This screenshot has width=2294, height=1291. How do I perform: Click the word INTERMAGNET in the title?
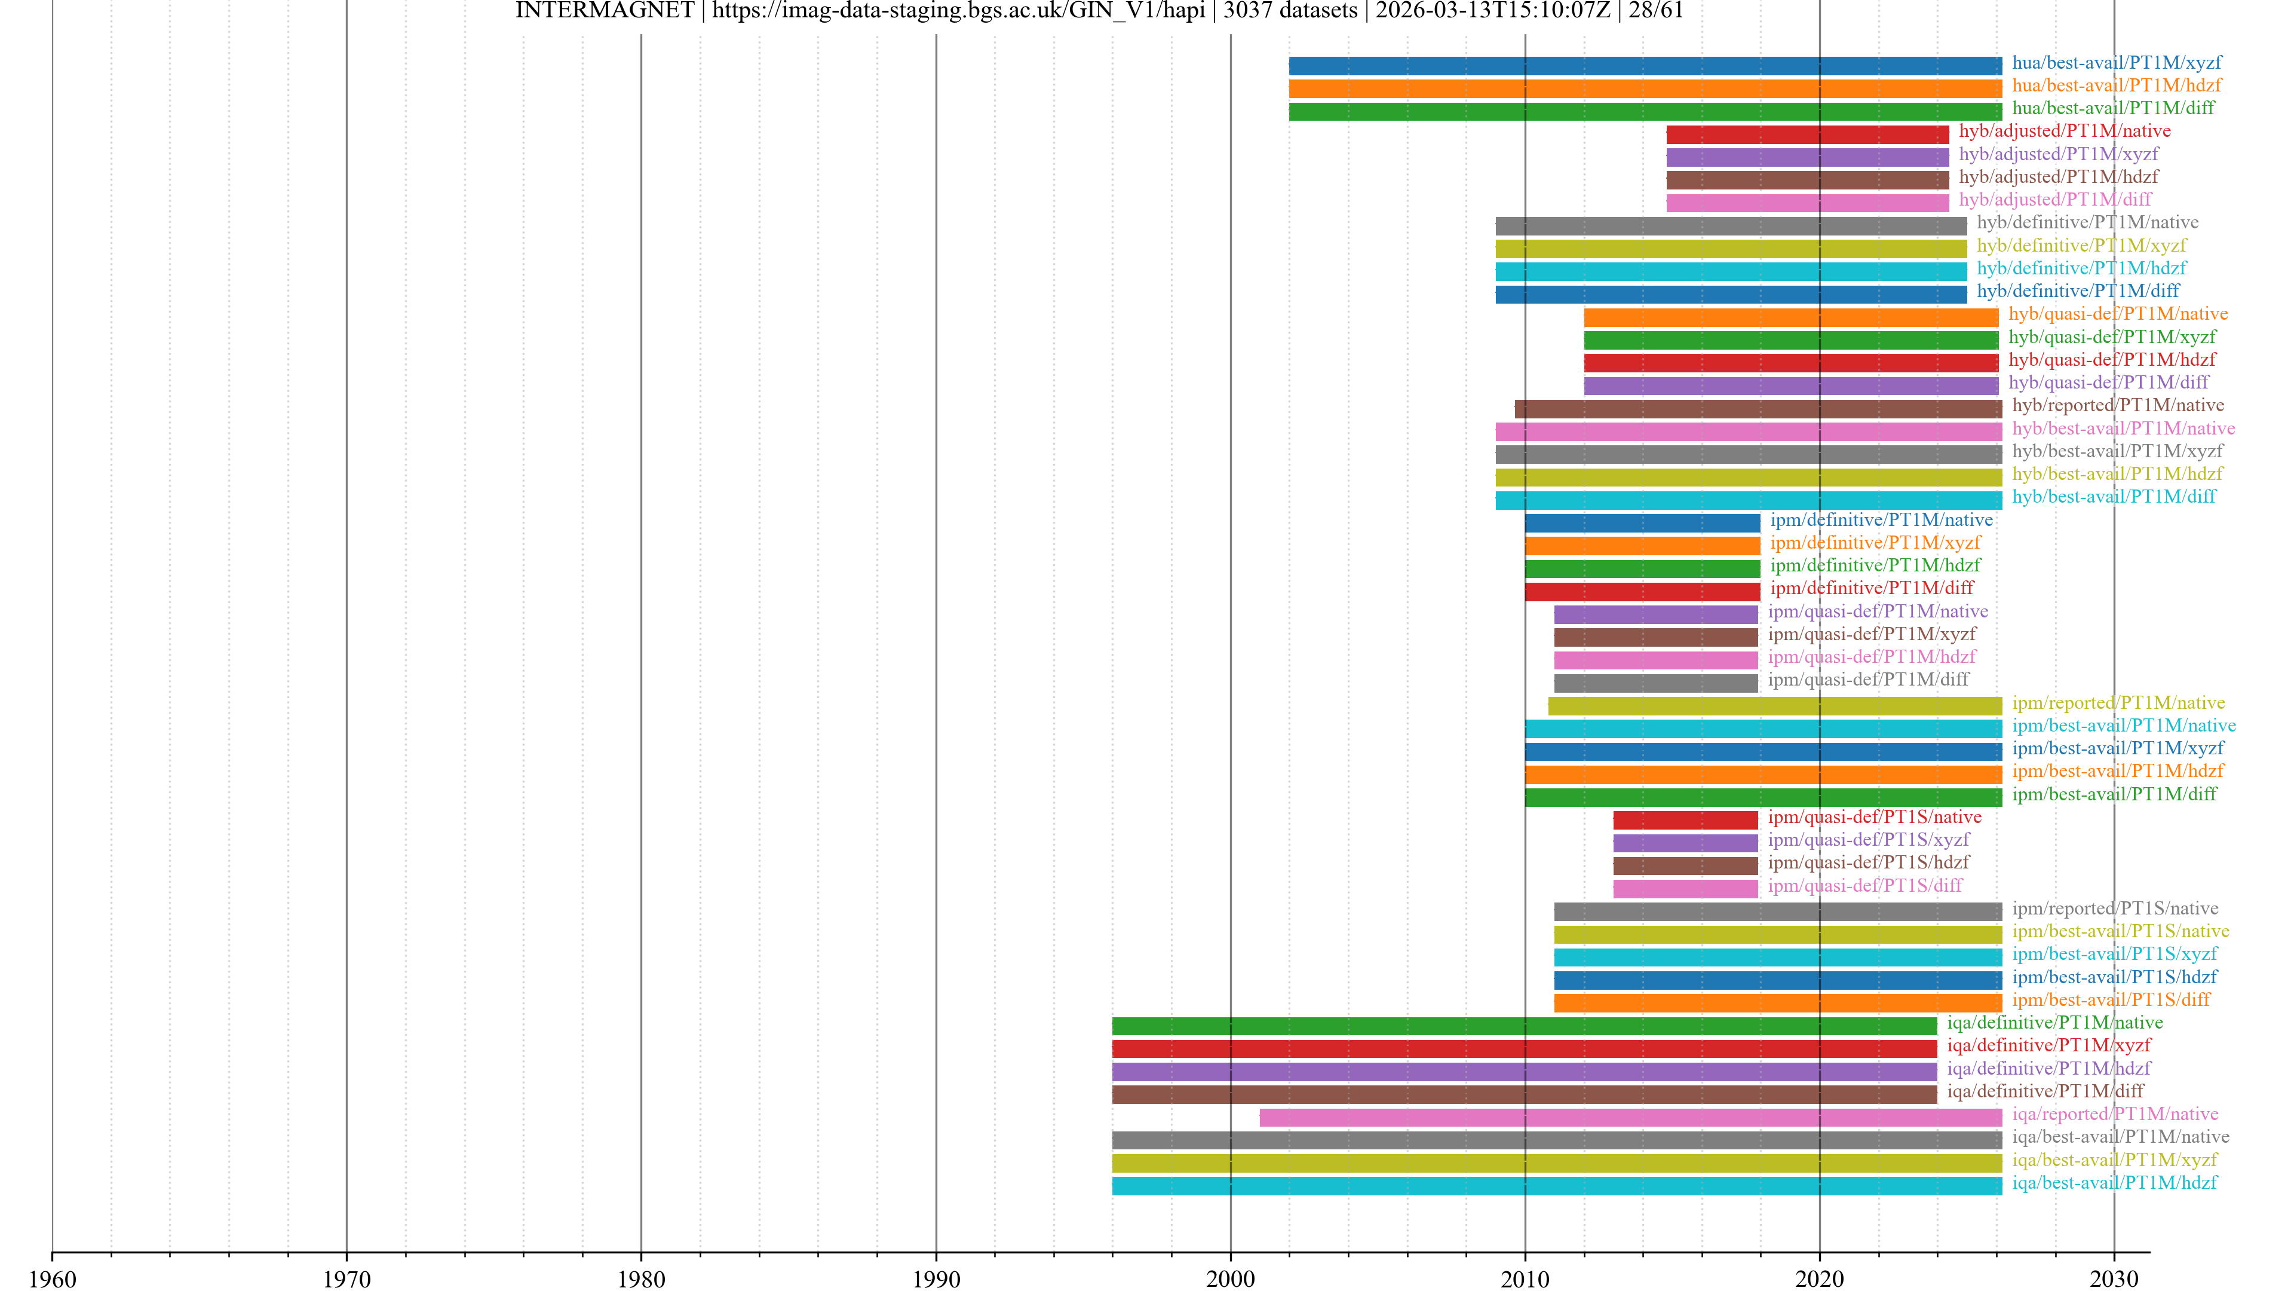[605, 11]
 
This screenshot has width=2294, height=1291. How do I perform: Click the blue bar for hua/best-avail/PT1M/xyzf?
[1645, 65]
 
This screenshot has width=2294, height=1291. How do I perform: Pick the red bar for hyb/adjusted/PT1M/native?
[1808, 134]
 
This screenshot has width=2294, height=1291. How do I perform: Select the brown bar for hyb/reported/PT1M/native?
[1758, 408]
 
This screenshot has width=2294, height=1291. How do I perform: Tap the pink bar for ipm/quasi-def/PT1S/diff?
[1685, 888]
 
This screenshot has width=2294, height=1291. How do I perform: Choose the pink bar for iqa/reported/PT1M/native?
[1630, 1117]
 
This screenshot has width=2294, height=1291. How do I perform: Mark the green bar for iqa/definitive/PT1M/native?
[1524, 1026]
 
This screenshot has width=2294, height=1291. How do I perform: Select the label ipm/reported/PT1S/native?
[2115, 908]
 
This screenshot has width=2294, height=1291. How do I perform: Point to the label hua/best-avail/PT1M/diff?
[2113, 108]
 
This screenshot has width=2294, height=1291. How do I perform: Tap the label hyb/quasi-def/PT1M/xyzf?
[2111, 336]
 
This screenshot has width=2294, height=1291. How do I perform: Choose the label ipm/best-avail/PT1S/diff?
[2111, 1000]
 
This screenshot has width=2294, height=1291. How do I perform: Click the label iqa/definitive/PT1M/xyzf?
[2048, 1045]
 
